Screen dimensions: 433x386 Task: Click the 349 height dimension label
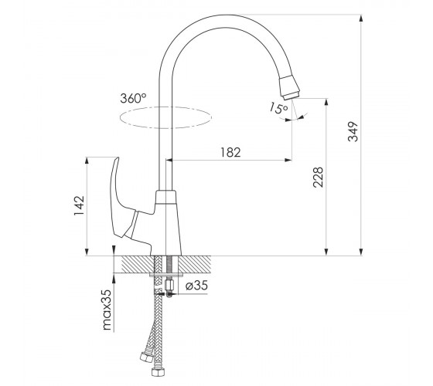coord(353,131)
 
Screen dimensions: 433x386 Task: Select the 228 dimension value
coord(318,178)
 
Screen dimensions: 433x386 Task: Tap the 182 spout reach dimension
coord(230,152)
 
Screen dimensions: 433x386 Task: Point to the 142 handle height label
coord(79,205)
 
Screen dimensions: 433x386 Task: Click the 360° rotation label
coord(133,98)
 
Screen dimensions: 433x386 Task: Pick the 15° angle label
coord(278,108)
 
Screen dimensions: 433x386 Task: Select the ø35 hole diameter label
coord(196,286)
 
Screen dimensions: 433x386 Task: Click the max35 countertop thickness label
coord(107,310)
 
